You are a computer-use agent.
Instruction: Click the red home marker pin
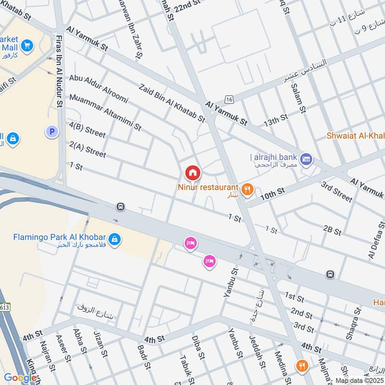pos(192,173)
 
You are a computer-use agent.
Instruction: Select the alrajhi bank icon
pos(306,158)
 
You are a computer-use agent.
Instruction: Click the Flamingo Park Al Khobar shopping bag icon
pos(115,239)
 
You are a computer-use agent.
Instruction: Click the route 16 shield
pos(229,99)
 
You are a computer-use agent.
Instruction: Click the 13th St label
pos(275,121)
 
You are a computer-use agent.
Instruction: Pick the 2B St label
pos(332,230)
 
